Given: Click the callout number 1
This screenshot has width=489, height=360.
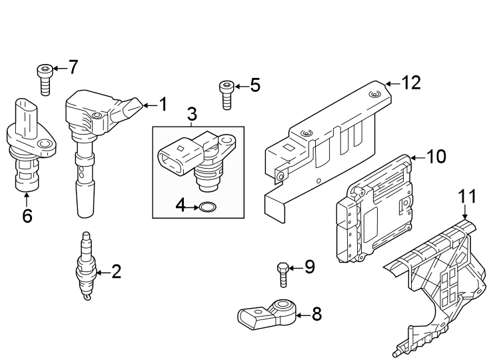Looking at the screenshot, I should tap(163, 104).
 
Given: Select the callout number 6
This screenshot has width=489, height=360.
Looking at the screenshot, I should tap(27, 216).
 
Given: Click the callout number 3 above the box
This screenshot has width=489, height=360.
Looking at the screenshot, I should tap(193, 114).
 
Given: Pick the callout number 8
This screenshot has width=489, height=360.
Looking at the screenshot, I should tap(316, 313).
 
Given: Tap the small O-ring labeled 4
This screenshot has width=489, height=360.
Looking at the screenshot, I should tap(208, 207).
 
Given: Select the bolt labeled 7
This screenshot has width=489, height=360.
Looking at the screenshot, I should tap(45, 79).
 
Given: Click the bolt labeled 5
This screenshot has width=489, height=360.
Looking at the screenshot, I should tap(226, 95).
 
